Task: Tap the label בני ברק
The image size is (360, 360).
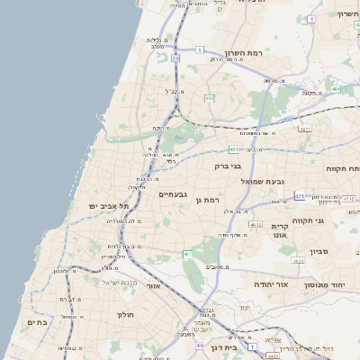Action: (229, 166)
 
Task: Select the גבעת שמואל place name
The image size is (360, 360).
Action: (263, 182)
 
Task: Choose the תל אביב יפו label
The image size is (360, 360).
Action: (109, 206)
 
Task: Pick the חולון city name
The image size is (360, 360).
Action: (124, 315)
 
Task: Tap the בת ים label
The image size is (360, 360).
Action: (37, 322)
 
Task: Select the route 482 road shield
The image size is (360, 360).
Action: (209, 98)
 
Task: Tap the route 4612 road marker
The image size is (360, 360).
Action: (256, 225)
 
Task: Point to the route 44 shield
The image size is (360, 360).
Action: (198, 345)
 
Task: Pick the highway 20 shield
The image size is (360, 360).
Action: (175, 58)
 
